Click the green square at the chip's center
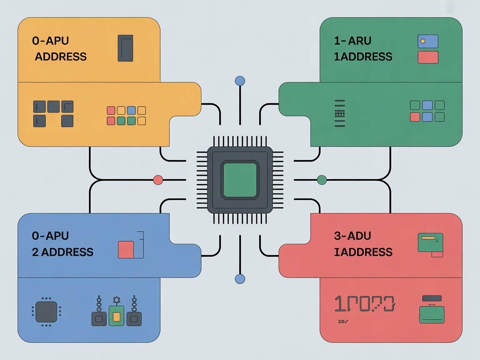[x=240, y=180]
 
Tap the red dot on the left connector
[x=158, y=180]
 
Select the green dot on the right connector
[x=322, y=180]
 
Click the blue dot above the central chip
[x=240, y=81]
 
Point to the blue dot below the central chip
[x=240, y=279]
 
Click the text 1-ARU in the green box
[x=352, y=41]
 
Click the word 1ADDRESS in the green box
[x=363, y=57]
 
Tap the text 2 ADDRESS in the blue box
[x=62, y=252]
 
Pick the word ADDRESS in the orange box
[x=61, y=57]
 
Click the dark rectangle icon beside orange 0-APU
[x=125, y=48]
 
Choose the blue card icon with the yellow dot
[x=428, y=41]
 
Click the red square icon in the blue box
[x=126, y=250]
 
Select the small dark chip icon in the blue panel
[x=46, y=311]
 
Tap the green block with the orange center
[x=117, y=316]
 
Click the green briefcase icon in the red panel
[x=432, y=315]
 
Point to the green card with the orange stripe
[x=430, y=242]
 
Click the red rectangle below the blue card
[x=428, y=57]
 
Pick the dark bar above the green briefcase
[x=432, y=298]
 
